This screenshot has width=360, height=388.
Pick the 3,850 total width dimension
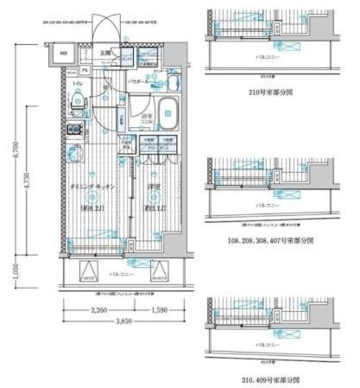[x=121, y=324]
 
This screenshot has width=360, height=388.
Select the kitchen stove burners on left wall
[x=75, y=129]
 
